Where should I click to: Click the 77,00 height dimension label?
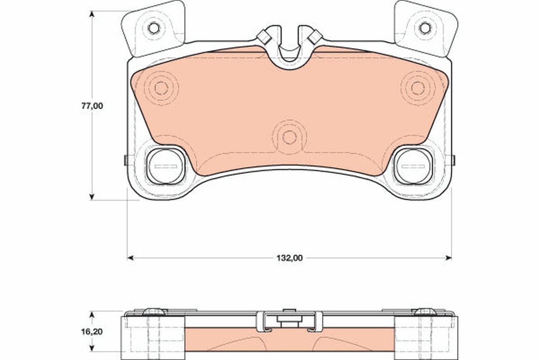(92, 106)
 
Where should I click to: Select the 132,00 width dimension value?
(289, 258)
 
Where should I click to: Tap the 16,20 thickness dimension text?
(92, 332)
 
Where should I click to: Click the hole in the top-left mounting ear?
(153, 28)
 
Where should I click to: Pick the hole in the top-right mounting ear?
(425, 28)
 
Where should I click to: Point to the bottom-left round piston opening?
(166, 166)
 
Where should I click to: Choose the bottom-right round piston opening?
(413, 166)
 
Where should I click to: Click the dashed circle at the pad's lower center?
(289, 137)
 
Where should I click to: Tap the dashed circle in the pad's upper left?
(161, 88)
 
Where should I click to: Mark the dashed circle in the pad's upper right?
(418, 88)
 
